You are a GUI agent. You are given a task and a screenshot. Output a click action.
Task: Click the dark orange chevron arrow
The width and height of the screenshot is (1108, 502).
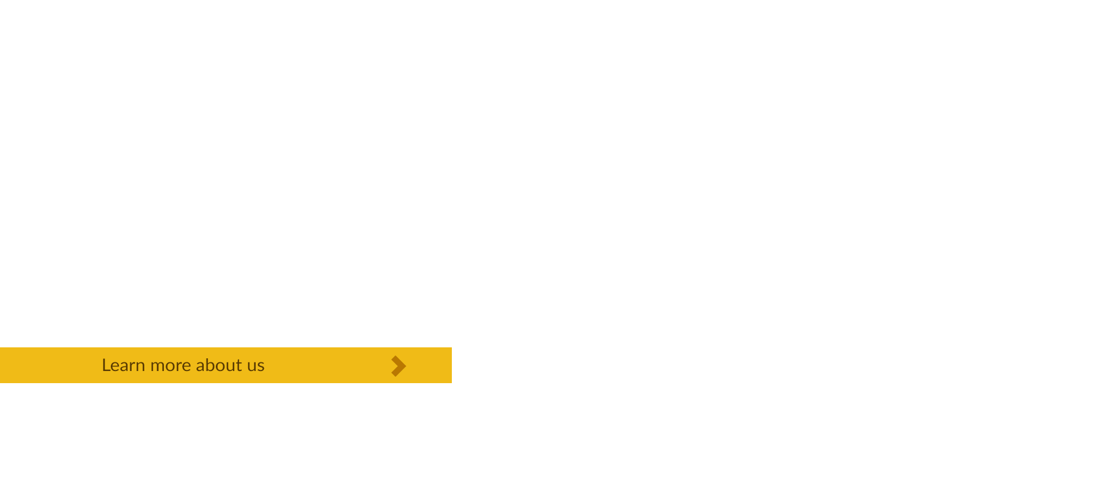pos(399,366)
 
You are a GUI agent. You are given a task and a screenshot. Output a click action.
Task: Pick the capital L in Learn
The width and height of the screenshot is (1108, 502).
pos(106,365)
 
